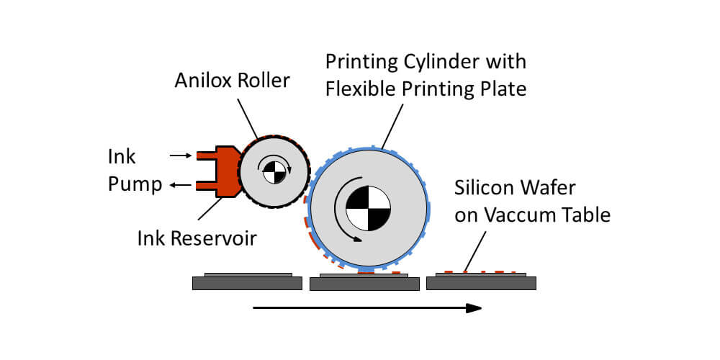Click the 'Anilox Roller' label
coord(232,80)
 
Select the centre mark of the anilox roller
coord(274,172)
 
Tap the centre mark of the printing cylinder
coord(368,208)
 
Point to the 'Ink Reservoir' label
coord(197,238)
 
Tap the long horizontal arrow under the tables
coord(367,308)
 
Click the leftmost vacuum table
coord(247,284)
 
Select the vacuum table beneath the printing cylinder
coord(364,284)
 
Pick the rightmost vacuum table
coord(481,284)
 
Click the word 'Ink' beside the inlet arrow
coord(122,156)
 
